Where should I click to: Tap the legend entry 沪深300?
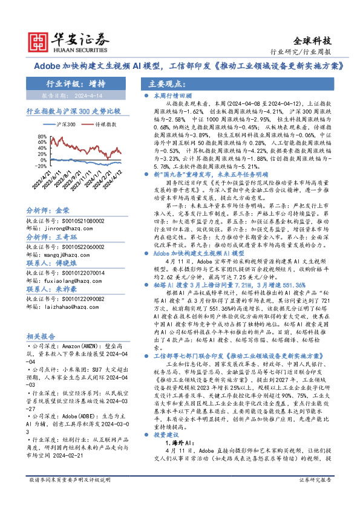tap(65, 124)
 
